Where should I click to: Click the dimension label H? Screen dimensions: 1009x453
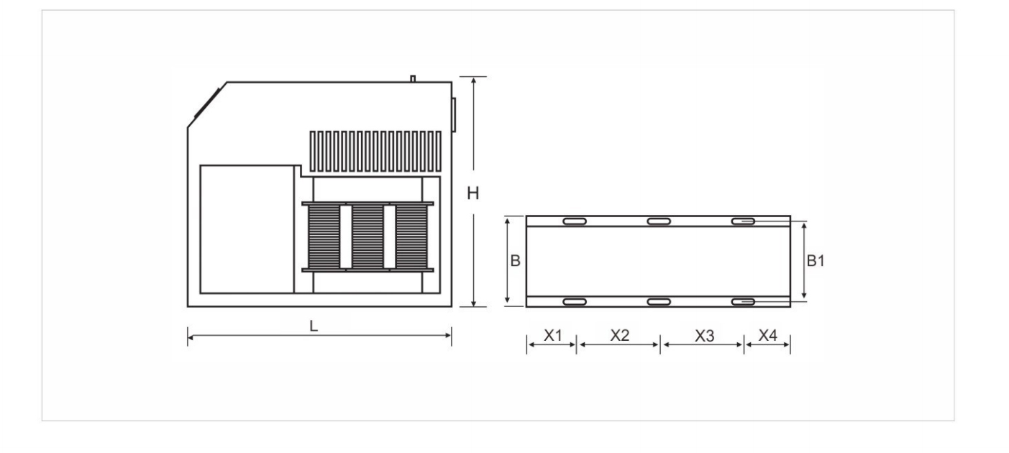point(473,193)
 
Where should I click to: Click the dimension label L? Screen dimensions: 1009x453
point(314,326)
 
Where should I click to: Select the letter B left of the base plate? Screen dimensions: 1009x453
point(516,261)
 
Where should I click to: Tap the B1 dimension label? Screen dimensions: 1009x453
point(816,261)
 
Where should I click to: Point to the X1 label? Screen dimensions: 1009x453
point(553,336)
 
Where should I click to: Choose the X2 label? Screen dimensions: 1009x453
point(619,336)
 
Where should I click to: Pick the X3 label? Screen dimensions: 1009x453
point(705,336)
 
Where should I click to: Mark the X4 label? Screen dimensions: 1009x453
point(767,336)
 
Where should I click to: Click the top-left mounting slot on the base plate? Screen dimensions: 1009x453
point(575,221)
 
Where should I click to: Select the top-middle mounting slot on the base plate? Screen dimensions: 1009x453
point(659,221)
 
